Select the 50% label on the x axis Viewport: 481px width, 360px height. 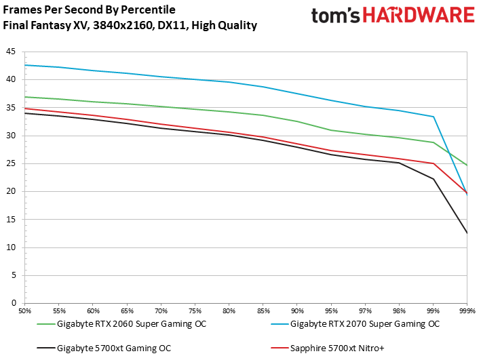(x=25, y=310)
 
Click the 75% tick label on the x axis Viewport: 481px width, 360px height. (x=195, y=310)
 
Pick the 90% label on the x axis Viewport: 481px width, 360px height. (x=297, y=310)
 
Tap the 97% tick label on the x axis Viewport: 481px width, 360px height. (x=365, y=310)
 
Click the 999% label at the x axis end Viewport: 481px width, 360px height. (x=466, y=310)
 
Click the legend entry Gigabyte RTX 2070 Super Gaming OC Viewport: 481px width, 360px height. (x=364, y=324)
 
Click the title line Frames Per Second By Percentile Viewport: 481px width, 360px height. (x=89, y=10)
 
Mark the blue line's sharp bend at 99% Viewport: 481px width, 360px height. (x=434, y=117)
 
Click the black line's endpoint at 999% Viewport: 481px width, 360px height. (x=467, y=233)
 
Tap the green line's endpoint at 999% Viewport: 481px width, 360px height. (x=467, y=165)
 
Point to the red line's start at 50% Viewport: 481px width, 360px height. (x=25, y=108)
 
